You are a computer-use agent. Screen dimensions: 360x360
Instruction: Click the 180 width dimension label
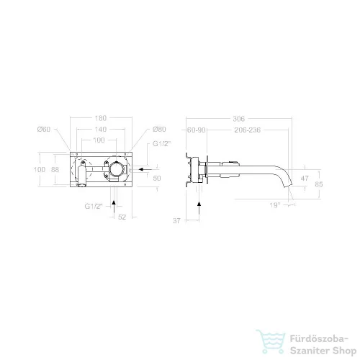tap(100, 118)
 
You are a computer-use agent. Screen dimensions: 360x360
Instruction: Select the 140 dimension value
tap(101, 130)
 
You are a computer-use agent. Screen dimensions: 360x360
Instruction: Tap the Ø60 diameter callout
tap(44, 130)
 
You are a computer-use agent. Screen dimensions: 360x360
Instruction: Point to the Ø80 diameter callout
tap(159, 130)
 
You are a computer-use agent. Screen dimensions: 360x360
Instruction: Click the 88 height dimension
tap(55, 170)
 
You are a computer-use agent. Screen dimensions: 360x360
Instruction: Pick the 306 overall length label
tap(239, 119)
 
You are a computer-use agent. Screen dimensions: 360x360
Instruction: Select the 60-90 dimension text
tap(197, 130)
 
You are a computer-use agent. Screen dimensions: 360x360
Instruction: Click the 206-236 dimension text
tap(248, 130)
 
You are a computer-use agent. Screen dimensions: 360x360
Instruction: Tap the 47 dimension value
tap(305, 179)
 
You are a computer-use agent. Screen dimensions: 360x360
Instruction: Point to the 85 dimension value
tap(319, 184)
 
